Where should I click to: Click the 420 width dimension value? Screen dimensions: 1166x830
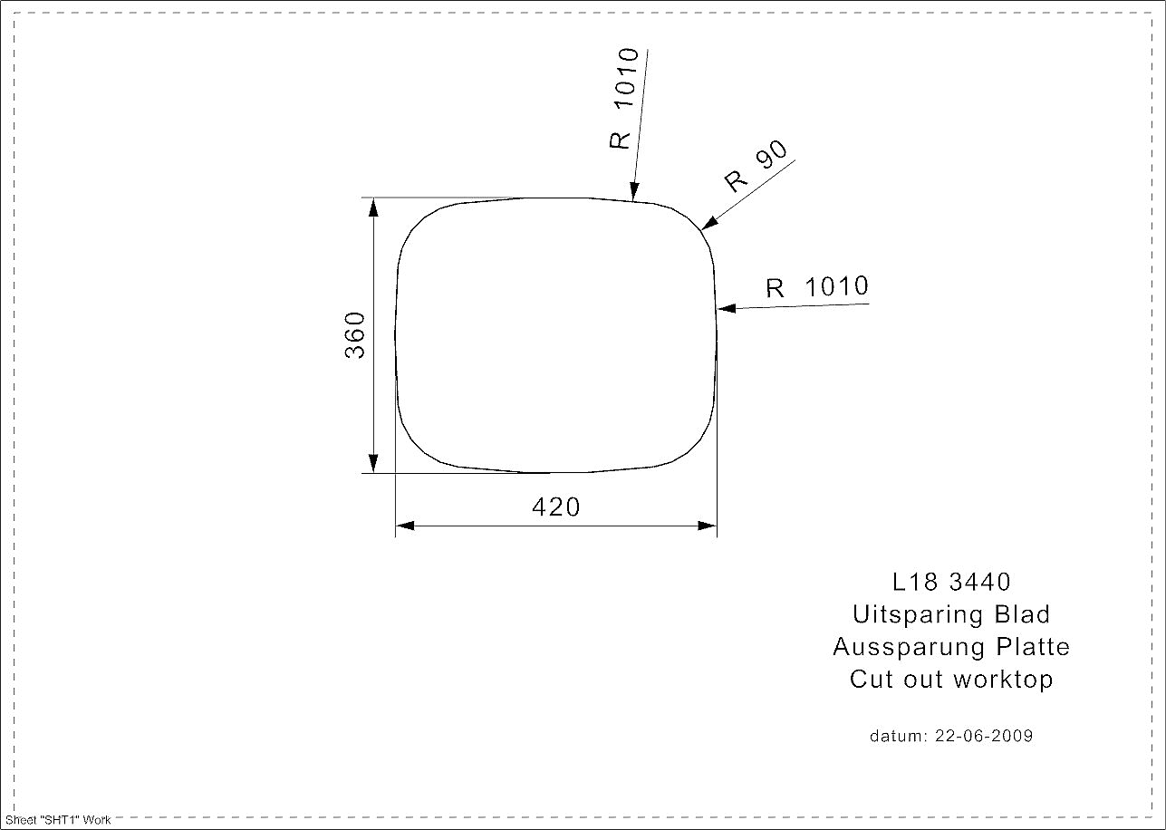coord(556,507)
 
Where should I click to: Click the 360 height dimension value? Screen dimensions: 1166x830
coord(355,335)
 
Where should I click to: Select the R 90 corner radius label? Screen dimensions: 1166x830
coord(756,166)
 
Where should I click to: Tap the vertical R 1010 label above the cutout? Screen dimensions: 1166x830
coord(623,98)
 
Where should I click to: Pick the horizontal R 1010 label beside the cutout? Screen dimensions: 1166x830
coord(817,287)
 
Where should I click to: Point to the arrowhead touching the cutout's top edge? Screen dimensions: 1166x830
coord(633,191)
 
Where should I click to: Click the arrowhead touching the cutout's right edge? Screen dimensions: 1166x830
coord(727,308)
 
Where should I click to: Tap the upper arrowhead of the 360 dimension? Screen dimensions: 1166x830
coord(373,207)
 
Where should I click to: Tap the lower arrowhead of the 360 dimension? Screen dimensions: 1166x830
coord(373,463)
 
